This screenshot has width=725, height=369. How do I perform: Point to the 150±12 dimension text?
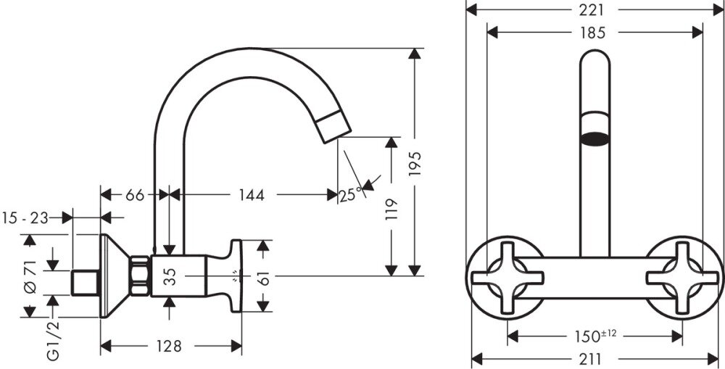(x=595, y=336)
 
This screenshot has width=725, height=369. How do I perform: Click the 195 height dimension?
(x=415, y=164)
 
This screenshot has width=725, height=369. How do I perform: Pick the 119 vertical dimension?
(x=391, y=209)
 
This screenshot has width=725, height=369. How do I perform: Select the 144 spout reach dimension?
(x=252, y=195)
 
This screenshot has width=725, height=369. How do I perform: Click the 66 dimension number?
(x=135, y=195)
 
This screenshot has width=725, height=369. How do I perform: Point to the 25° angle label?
(x=350, y=196)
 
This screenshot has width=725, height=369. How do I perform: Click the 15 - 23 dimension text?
(x=25, y=217)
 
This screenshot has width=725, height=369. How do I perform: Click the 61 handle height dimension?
(x=263, y=276)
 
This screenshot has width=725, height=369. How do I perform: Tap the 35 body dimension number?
(x=170, y=276)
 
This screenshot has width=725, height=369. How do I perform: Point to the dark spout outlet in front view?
(x=594, y=138)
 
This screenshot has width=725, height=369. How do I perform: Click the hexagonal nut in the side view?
(x=140, y=276)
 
